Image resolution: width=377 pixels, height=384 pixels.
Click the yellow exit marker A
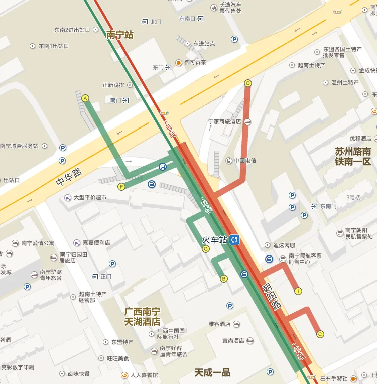[x=85, y=98]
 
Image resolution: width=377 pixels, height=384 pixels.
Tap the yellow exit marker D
[x=247, y=83]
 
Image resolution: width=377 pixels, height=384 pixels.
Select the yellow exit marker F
[x=121, y=187]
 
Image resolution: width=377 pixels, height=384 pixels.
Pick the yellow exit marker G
[x=205, y=248]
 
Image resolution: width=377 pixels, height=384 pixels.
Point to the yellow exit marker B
[x=224, y=278]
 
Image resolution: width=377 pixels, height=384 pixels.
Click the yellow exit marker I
[x=298, y=291]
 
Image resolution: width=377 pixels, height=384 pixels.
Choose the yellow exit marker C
[x=320, y=334]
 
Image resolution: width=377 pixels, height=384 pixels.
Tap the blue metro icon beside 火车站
[x=235, y=240]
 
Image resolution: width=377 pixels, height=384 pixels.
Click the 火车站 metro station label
[x=215, y=240]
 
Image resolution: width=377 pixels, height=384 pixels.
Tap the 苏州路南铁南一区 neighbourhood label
[x=352, y=156]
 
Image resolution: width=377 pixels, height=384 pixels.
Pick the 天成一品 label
[x=212, y=372]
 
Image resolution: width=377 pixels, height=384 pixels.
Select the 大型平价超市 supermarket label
[x=90, y=197]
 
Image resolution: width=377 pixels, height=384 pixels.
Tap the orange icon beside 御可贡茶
[x=178, y=63]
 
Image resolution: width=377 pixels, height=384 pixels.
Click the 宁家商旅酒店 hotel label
[x=225, y=121]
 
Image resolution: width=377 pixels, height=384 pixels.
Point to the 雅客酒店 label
[x=219, y=324]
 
